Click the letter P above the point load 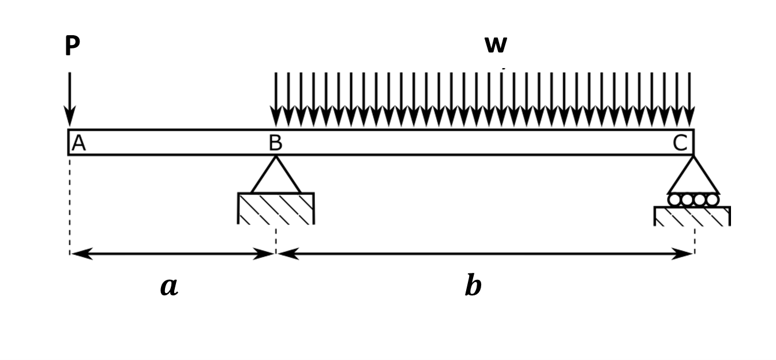coord(72,46)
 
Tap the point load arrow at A coord(70,98)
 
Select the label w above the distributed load coord(496,44)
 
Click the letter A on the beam coord(78,143)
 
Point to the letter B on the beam coord(276,143)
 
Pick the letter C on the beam coord(680,143)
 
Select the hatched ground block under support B coord(276,208)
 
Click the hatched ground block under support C coord(692,216)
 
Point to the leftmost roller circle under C coord(674,200)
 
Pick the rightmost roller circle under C coord(713,200)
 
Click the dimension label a coord(168,286)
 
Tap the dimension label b coord(473,286)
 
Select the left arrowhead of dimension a coord(81,253)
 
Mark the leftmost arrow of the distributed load coord(276,98)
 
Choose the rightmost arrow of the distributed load coord(689,98)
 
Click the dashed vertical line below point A coord(70,202)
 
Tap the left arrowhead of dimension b coord(288,253)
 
